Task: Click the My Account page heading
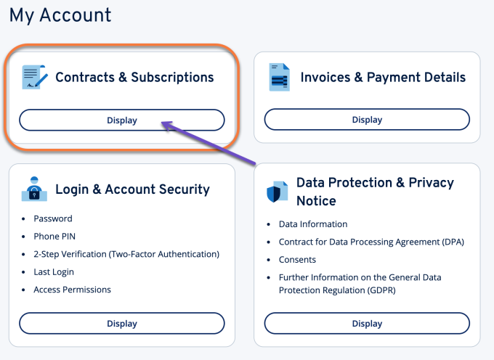[x=60, y=15]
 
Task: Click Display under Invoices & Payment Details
[x=367, y=120]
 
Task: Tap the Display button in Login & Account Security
[x=121, y=323]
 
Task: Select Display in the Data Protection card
[x=367, y=323]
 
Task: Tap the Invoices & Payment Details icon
[x=280, y=77]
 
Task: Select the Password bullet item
[x=53, y=218]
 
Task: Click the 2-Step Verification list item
[x=126, y=254]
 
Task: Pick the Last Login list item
[x=54, y=272]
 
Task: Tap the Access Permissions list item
[x=72, y=290]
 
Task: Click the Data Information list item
[x=313, y=224]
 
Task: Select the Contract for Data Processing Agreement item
[x=370, y=242]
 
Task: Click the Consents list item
[x=297, y=260]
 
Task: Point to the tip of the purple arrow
[x=162, y=123]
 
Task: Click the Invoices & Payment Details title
[x=383, y=77]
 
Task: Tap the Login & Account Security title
[x=132, y=189]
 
